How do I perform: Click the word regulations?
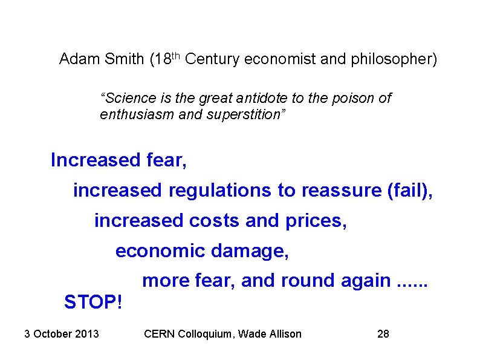click(x=220, y=191)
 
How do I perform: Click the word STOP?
click(x=93, y=301)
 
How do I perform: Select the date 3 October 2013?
click(x=62, y=333)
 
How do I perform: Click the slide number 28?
click(x=383, y=333)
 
